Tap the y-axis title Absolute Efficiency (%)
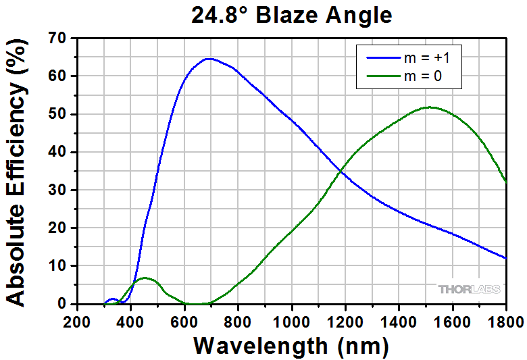click(x=18, y=172)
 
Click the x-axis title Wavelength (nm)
click(x=291, y=345)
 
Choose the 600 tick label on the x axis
click(x=184, y=319)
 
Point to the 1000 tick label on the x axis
click(x=292, y=319)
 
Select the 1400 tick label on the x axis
click(x=399, y=319)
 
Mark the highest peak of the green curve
click(x=429, y=107)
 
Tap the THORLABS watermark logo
click(x=470, y=289)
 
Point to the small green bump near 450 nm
click(x=145, y=278)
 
